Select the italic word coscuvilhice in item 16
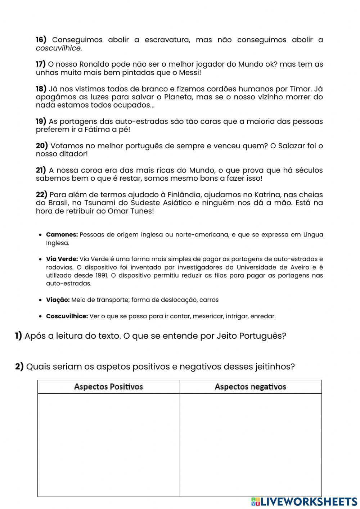pos(59,48)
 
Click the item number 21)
pos(41,170)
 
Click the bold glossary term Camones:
pos(62,235)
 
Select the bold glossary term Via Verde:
pos(62,259)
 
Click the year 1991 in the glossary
pos(100,275)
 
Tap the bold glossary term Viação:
pos(58,300)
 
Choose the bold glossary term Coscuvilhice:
pos(67,316)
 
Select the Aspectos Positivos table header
pos(108,387)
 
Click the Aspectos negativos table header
pos(250,387)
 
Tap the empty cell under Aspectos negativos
pos(251,445)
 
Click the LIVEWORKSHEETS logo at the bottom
pos(304,501)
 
